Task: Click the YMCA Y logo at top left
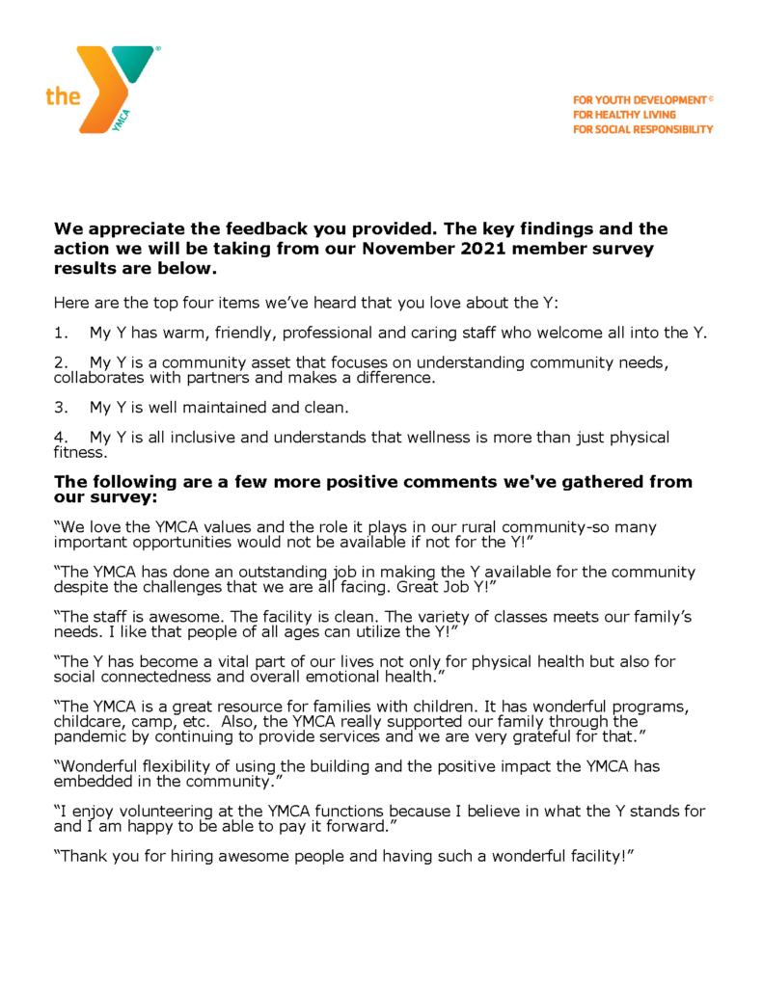(116, 87)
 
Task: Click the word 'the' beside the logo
(63, 96)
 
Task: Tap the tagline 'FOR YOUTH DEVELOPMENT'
(640, 100)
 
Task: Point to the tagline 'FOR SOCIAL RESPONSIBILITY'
(642, 129)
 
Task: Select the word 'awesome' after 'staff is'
(179, 617)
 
